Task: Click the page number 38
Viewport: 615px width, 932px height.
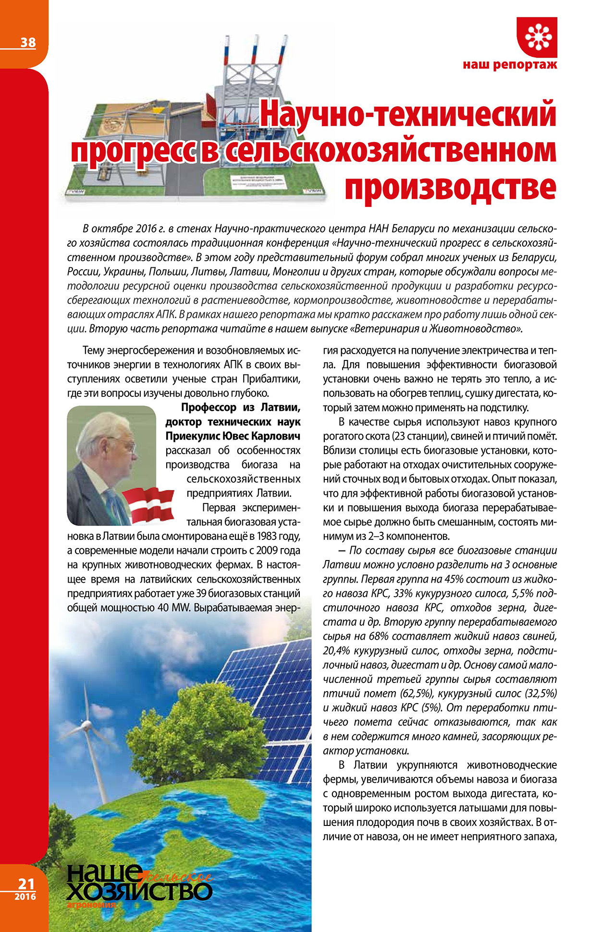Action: [28, 42]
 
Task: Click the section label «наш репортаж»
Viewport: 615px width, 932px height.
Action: [510, 65]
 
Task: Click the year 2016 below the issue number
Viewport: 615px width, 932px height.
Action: [25, 896]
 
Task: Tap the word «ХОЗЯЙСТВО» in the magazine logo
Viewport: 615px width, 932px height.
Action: [139, 892]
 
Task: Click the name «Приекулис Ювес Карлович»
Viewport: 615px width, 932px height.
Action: [233, 436]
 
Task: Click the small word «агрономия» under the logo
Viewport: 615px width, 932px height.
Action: [92, 905]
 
